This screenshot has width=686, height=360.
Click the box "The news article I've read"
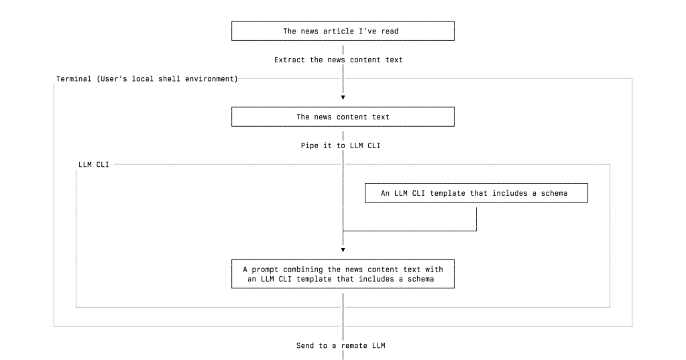click(x=343, y=31)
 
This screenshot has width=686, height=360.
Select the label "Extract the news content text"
click(x=339, y=60)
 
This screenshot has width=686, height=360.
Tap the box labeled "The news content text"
click(x=343, y=117)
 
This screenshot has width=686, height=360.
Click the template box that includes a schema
click(x=475, y=193)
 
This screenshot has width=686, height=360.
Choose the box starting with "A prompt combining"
click(x=343, y=274)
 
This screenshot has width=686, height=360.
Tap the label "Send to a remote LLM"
click(x=341, y=346)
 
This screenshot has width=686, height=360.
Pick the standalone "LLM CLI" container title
click(x=93, y=164)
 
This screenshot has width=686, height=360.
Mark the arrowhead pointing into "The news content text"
click(x=343, y=97)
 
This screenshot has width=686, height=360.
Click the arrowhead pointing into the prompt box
click(x=343, y=249)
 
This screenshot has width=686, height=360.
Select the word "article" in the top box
click(x=339, y=31)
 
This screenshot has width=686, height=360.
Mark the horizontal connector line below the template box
click(x=409, y=231)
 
